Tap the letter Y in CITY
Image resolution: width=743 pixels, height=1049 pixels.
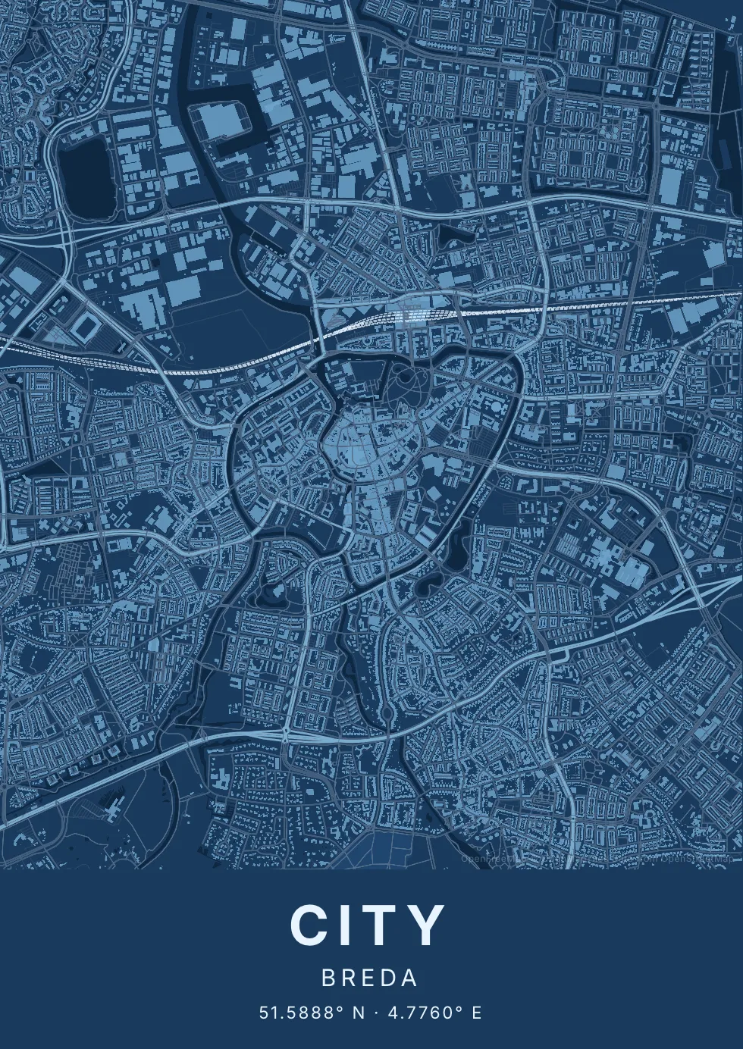[x=427, y=925]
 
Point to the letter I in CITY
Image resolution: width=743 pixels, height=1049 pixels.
[x=346, y=925]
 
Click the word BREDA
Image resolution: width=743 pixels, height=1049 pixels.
[x=370, y=979]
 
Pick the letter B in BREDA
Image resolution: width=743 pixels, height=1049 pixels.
[x=328, y=979]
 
